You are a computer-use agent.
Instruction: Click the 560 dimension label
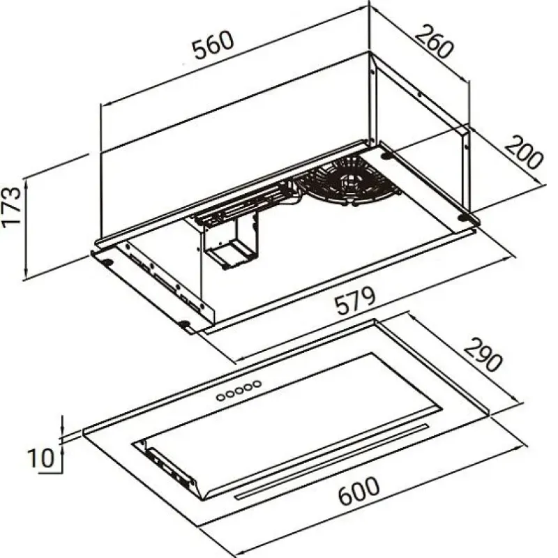[213, 45]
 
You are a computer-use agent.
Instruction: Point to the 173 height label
[11, 207]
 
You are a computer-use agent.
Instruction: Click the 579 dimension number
[356, 301]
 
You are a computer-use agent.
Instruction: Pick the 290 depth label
[483, 355]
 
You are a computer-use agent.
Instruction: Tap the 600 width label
[359, 491]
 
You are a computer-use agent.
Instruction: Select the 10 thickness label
[41, 458]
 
